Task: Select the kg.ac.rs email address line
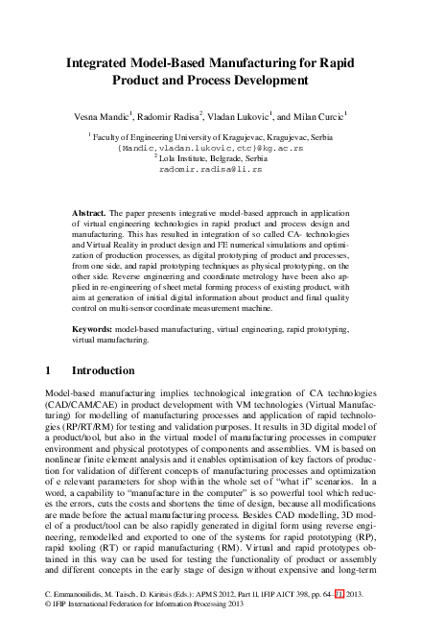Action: [210, 149]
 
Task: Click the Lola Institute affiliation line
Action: [212, 158]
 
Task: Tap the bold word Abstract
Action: [90, 209]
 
